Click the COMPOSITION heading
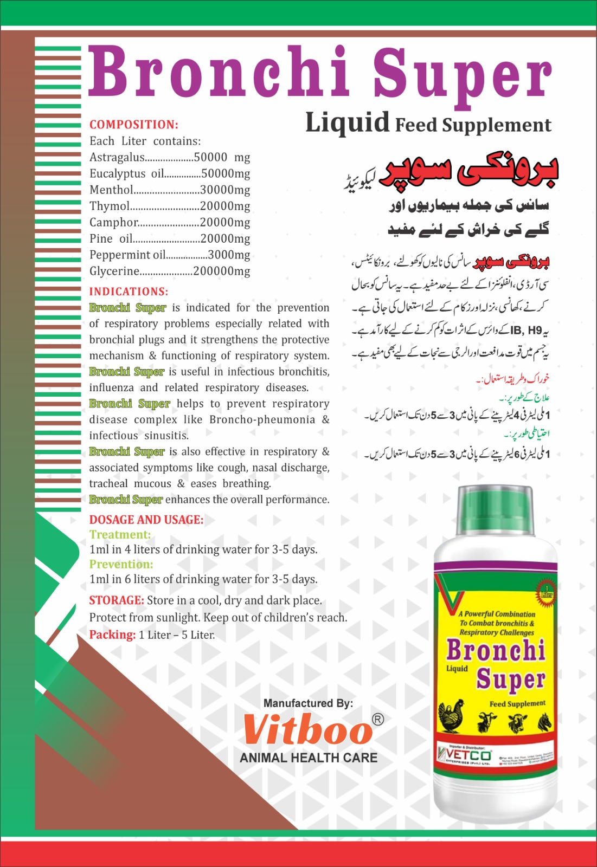click(133, 125)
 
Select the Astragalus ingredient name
click(117, 158)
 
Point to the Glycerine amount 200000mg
click(221, 271)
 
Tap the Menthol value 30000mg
click(225, 190)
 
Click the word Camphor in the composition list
click(114, 223)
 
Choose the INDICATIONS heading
click(129, 292)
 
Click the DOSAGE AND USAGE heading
click(146, 520)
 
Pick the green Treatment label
click(120, 535)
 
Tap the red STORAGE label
click(116, 600)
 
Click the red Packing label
click(112, 635)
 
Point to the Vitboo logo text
click(307, 729)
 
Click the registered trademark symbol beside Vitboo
click(378, 719)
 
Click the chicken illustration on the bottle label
click(451, 716)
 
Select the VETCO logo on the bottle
click(465, 755)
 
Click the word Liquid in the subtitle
click(347, 122)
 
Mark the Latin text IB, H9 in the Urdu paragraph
click(525, 330)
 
